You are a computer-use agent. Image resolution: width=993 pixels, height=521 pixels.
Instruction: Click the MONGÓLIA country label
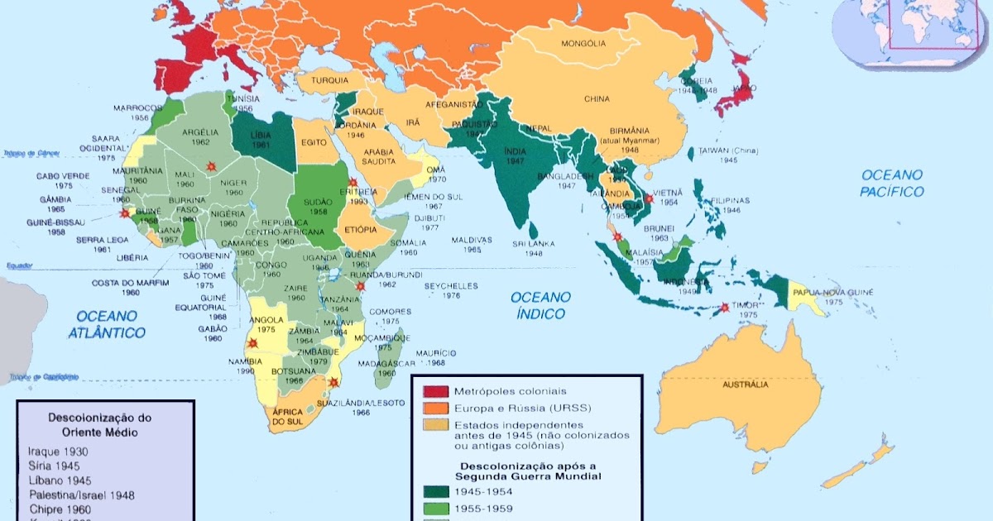click(583, 43)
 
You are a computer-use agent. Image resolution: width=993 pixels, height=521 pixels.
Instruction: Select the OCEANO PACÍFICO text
click(892, 183)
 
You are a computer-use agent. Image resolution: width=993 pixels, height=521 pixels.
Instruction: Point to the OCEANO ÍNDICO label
click(539, 305)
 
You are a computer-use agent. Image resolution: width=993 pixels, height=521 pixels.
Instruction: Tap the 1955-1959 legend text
click(483, 509)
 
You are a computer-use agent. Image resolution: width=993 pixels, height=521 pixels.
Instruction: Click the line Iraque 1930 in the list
click(58, 452)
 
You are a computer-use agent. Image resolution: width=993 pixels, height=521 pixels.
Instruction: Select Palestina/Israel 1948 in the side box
click(81, 495)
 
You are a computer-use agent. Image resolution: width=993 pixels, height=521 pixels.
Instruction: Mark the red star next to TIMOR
click(725, 308)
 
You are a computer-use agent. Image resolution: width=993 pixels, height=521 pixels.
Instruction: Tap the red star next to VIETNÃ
click(650, 199)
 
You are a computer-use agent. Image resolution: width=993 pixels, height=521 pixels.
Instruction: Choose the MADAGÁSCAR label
click(386, 363)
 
